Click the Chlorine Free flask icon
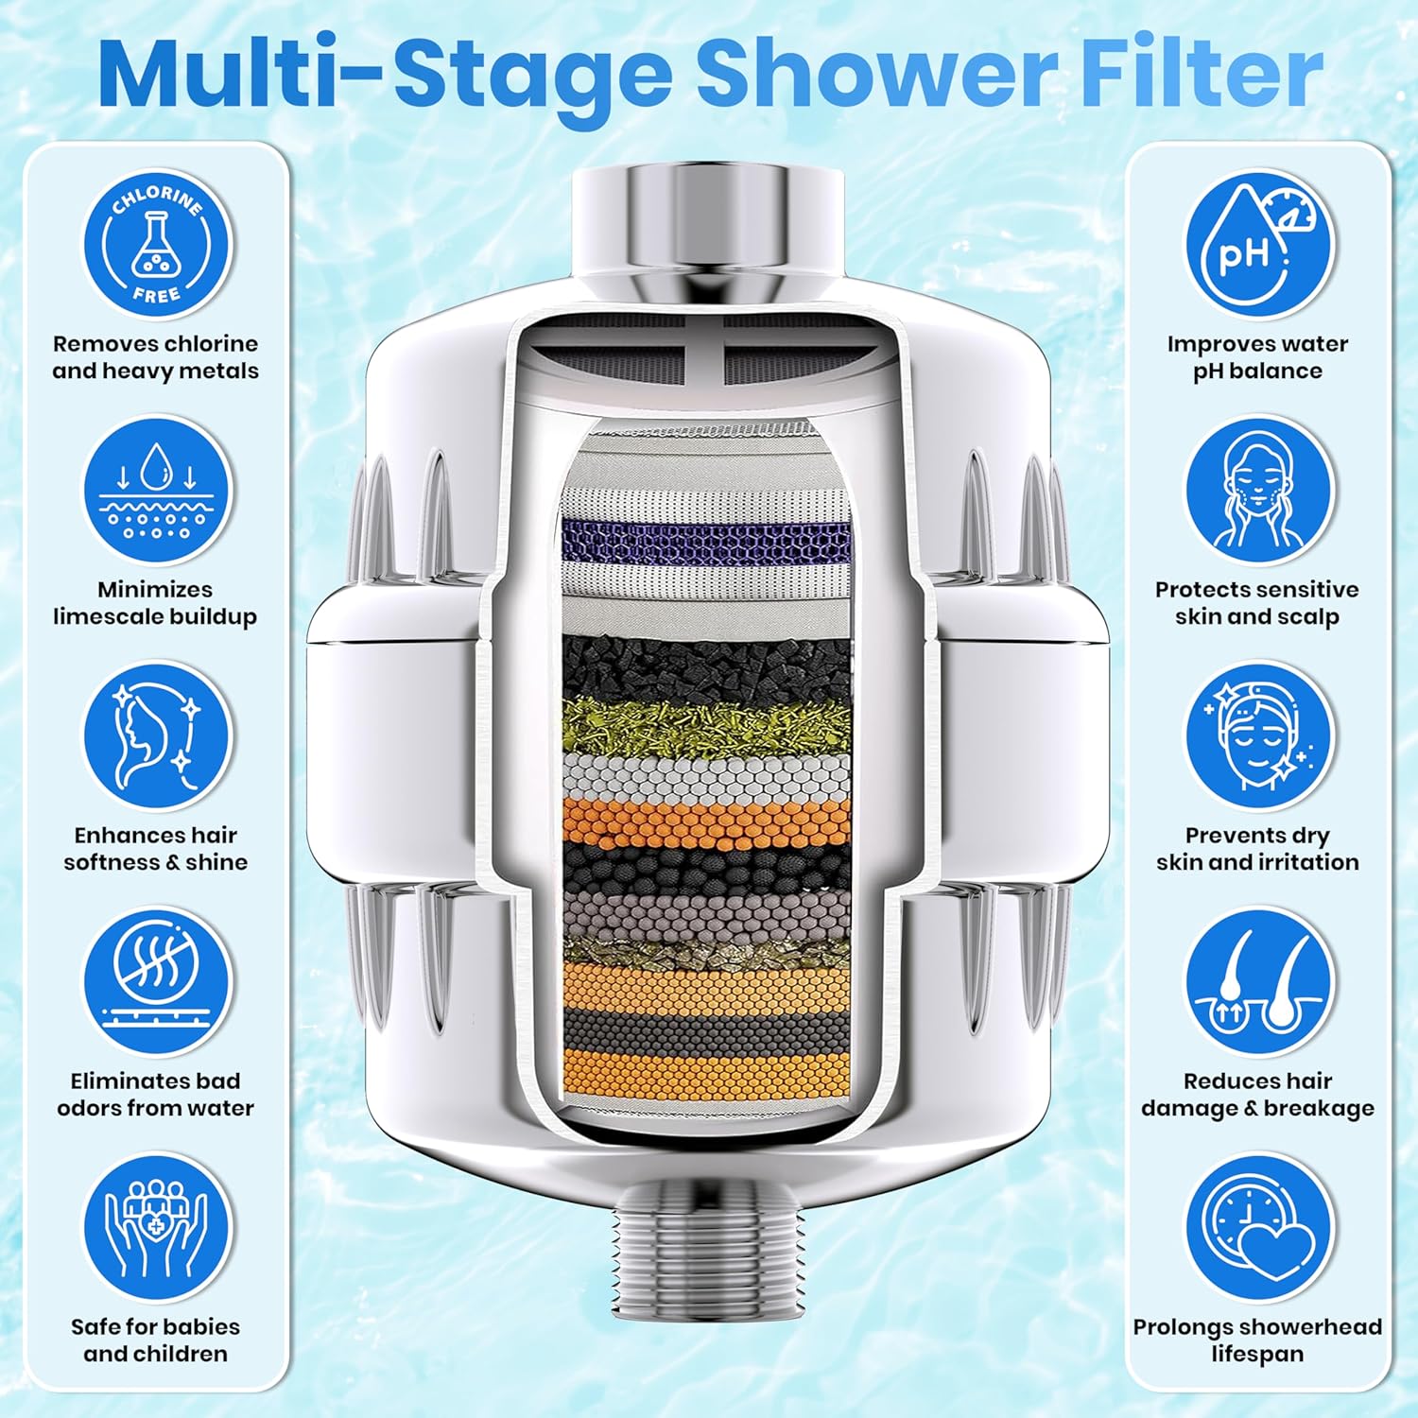pyautogui.click(x=156, y=245)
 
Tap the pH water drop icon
pyautogui.click(x=1260, y=245)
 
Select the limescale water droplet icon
pyautogui.click(x=156, y=491)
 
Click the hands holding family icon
pyautogui.click(x=156, y=1226)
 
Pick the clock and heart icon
pyautogui.click(x=1260, y=1226)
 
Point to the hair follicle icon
pyautogui.click(x=1260, y=982)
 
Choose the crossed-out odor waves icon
pyautogui.click(x=156, y=982)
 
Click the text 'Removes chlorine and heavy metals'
pyautogui.click(x=156, y=357)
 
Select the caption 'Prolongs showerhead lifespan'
pyautogui.click(x=1258, y=1340)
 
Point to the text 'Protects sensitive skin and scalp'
pyautogui.click(x=1257, y=603)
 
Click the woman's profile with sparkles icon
pyautogui.click(x=156, y=736)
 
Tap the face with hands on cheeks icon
pyautogui.click(x=1260, y=491)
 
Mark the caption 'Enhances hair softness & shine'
pyautogui.click(x=156, y=849)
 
